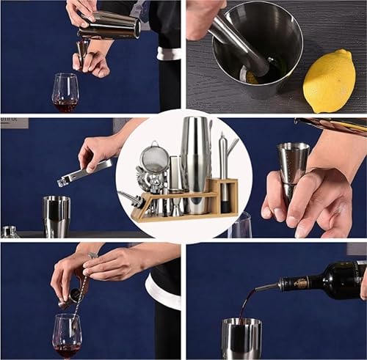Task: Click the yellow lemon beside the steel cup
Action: pyautogui.click(x=330, y=80)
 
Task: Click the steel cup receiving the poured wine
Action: pyautogui.click(x=241, y=338)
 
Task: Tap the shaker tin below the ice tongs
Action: pyautogui.click(x=57, y=216)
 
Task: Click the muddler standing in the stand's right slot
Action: pyautogui.click(x=223, y=172)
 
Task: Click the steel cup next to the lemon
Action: pyautogui.click(x=257, y=55)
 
